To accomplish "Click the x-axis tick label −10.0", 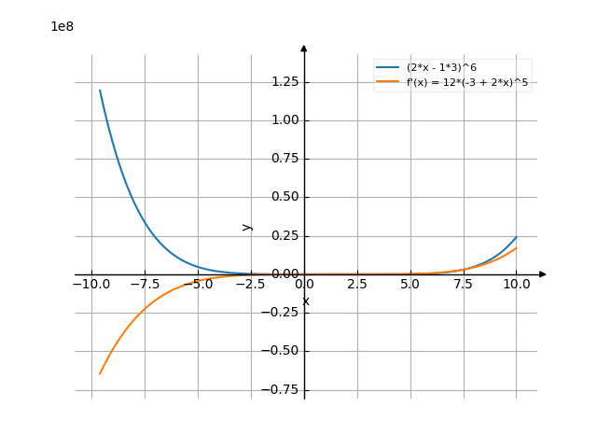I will point(90,285).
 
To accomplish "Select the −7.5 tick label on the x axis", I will point(144,285).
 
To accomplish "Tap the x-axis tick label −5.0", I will point(197,285).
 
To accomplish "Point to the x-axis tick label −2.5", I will point(250,285).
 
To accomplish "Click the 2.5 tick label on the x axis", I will point(356,285).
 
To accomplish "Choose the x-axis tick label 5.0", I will point(410,285).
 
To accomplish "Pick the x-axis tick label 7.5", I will point(463,285).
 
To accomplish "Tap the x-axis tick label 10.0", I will point(516,285).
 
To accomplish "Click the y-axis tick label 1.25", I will point(284,82).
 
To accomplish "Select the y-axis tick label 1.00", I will point(284,120).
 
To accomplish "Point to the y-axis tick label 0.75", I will point(284,159).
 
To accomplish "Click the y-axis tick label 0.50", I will point(284,197).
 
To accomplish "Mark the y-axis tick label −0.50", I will point(281,351).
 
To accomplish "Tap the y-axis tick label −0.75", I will point(281,389).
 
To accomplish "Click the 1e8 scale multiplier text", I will point(62,26).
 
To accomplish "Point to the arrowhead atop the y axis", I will point(304,47).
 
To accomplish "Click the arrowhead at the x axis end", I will point(543,274).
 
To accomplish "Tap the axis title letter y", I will point(246,226).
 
